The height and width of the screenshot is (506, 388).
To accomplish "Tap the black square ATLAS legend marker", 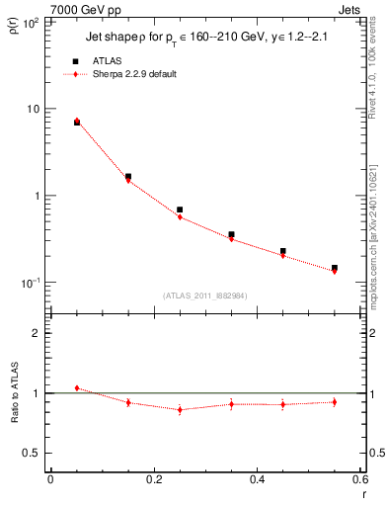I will click(75, 61).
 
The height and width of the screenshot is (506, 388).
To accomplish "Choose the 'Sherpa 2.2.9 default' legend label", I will click(134, 74).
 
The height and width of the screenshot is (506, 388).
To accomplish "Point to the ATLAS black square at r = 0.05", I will click(77, 122).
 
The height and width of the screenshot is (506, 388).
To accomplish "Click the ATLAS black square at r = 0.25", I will click(180, 210).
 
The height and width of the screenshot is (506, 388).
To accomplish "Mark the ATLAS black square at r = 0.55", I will click(335, 268).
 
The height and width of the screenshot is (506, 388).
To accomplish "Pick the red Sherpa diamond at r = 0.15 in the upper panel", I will click(128, 180).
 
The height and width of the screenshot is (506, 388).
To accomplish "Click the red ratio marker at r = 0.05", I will click(77, 388).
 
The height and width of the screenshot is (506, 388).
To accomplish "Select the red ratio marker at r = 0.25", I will click(180, 409).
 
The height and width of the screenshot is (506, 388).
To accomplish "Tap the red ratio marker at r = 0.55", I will click(335, 401).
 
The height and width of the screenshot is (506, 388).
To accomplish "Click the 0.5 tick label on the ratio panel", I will click(36, 453).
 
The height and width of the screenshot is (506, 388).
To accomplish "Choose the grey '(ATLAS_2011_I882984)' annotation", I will click(205, 295).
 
